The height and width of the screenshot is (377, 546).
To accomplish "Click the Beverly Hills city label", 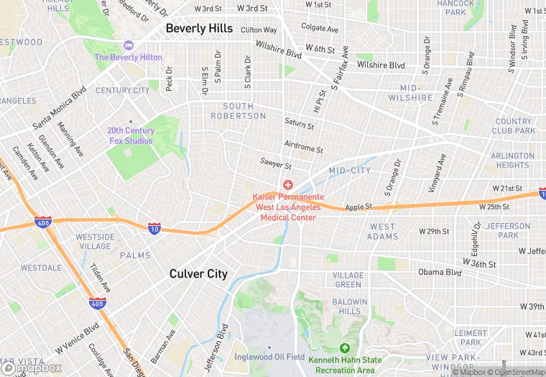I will pos(199,28).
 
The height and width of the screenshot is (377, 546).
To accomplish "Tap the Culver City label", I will pos(198,273).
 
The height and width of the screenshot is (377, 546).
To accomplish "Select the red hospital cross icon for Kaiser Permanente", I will pos(288,186).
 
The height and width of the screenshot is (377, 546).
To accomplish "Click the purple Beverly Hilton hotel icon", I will pos(129,46).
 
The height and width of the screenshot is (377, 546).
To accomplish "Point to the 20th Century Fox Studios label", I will pos(130,135).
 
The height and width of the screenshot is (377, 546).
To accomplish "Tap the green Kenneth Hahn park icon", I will pos(344,349).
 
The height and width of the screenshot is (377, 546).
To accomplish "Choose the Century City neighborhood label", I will pos(122,90).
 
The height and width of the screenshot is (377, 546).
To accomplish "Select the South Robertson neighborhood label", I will pos(238,111).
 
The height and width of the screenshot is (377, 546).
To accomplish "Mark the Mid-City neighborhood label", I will pos(350,171).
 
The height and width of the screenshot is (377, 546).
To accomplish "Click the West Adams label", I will pos(382,232).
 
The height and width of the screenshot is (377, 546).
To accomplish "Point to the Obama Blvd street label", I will pos(440,273).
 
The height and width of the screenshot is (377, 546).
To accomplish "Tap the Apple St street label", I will pos(358,206).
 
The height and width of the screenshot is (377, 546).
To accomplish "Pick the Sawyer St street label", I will pos(277,165).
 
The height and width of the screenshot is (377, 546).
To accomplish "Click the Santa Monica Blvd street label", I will pos(60,108).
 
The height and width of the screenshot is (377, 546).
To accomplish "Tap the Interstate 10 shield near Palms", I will pos(154,228).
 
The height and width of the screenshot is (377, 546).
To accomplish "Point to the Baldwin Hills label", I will pos(350,306).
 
